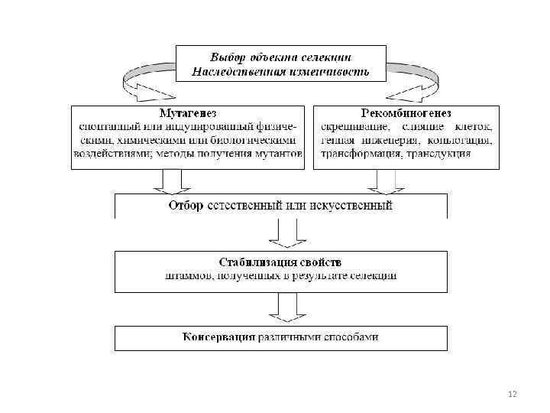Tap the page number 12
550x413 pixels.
pyautogui.click(x=512, y=394)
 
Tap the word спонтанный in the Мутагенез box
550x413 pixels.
pyautogui.click(x=110, y=126)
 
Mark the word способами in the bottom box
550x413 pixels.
pyautogui.click(x=351, y=337)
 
